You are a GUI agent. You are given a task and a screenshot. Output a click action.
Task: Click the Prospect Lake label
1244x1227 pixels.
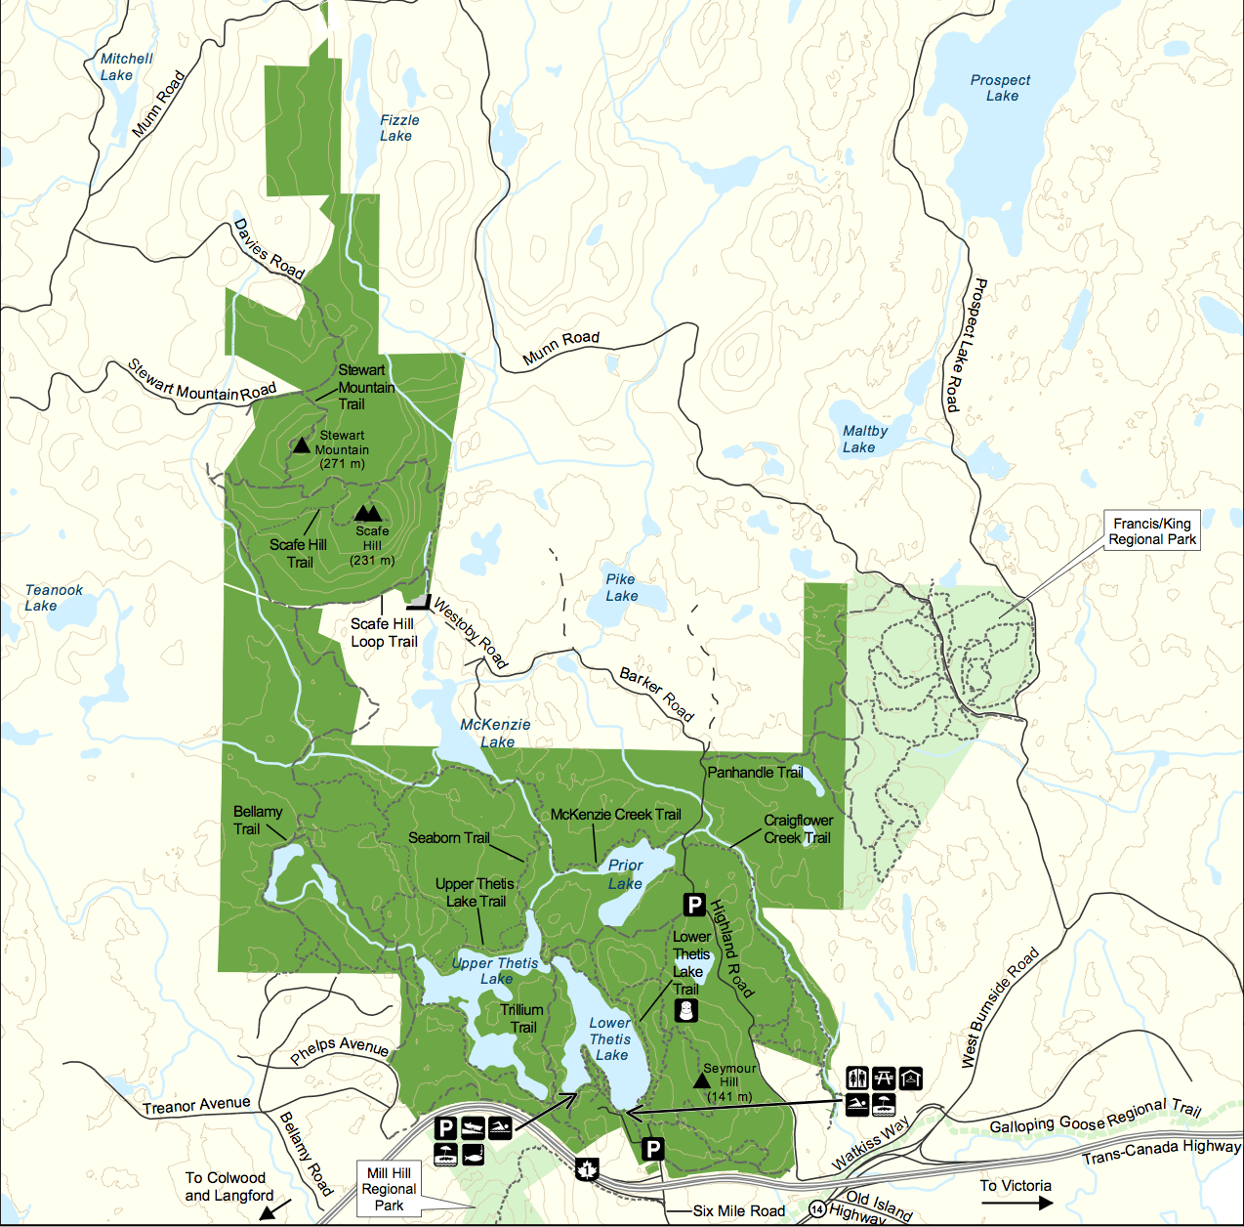click(1000, 88)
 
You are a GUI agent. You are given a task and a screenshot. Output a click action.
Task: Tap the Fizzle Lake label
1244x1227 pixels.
click(398, 128)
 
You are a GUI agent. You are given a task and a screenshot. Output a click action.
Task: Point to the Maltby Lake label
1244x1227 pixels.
click(863, 439)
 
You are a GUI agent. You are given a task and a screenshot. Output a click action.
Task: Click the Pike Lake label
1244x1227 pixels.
click(621, 587)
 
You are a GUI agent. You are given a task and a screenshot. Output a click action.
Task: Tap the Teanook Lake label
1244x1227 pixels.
click(53, 598)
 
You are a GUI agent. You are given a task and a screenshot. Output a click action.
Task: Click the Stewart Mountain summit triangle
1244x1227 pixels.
click(302, 446)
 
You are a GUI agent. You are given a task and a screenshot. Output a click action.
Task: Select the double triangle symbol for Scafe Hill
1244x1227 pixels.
click(368, 513)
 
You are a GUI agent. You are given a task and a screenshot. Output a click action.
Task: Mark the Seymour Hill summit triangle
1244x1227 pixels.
click(701, 1080)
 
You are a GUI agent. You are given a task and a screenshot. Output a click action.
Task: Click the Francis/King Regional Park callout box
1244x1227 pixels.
click(1151, 531)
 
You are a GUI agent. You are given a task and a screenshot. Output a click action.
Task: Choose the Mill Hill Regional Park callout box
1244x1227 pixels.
click(389, 1189)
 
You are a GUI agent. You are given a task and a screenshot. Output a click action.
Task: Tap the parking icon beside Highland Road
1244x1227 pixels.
click(694, 905)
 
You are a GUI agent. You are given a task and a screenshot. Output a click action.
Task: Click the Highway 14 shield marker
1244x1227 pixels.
click(817, 1209)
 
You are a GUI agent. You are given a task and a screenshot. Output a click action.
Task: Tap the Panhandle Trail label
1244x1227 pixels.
click(755, 773)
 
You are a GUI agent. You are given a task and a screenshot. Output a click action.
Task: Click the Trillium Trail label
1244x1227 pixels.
click(522, 1018)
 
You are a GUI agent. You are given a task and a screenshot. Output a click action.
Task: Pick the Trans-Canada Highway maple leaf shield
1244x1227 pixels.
click(587, 1168)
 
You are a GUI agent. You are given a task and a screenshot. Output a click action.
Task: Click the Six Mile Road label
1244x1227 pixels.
click(738, 1211)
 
